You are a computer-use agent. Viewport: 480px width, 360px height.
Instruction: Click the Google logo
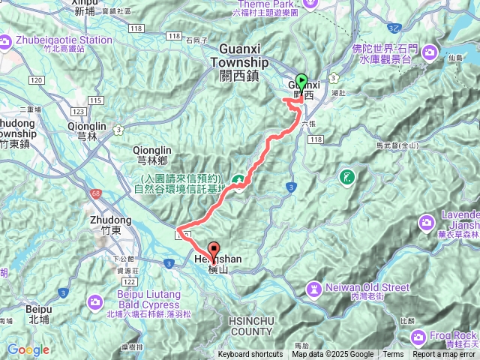pyautogui.click(x=28, y=349)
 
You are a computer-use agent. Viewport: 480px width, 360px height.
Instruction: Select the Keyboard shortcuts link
pyautogui.click(x=250, y=355)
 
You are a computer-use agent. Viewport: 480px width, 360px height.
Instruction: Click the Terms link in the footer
pyautogui.click(x=393, y=355)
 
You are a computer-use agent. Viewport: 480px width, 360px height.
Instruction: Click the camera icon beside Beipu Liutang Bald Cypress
pyautogui.click(x=94, y=301)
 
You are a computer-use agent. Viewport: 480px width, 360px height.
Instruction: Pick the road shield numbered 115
pyautogui.click(x=95, y=100)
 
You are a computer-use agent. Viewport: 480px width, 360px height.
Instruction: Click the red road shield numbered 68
pyautogui.click(x=96, y=194)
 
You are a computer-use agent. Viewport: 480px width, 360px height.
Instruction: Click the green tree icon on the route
pyautogui.click(x=238, y=180)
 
